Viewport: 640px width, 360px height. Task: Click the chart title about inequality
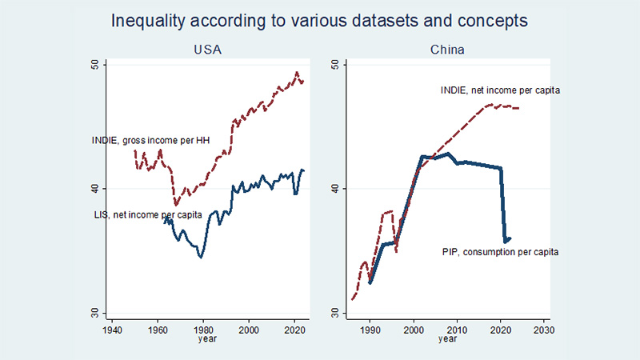point(319,21)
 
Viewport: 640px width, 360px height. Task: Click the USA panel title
point(207,50)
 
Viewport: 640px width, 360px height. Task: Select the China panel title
point(447,50)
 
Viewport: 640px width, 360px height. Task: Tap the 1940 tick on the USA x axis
point(112,330)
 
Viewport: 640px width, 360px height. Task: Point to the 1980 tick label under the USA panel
point(203,330)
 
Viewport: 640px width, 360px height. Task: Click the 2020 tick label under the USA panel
point(294,330)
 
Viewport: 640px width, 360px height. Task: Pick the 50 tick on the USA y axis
point(95,65)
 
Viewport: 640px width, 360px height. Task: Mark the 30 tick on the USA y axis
point(95,313)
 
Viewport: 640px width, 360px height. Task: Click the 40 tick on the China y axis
point(335,189)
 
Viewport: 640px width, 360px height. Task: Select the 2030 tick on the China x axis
point(544,330)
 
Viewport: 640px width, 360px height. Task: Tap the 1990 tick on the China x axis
point(370,330)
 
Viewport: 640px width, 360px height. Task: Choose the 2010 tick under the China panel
point(457,330)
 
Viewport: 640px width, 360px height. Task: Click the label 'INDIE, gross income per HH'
point(150,141)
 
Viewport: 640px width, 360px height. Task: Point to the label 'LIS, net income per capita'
point(148,214)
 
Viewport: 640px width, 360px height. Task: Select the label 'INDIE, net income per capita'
point(500,90)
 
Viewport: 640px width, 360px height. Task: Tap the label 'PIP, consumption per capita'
point(500,252)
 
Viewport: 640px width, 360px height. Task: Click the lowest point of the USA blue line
point(201,257)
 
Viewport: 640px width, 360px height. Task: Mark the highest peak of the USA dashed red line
point(297,72)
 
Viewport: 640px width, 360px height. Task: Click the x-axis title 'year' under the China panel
point(447,338)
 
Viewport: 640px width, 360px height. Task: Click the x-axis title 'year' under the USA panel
point(207,338)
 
